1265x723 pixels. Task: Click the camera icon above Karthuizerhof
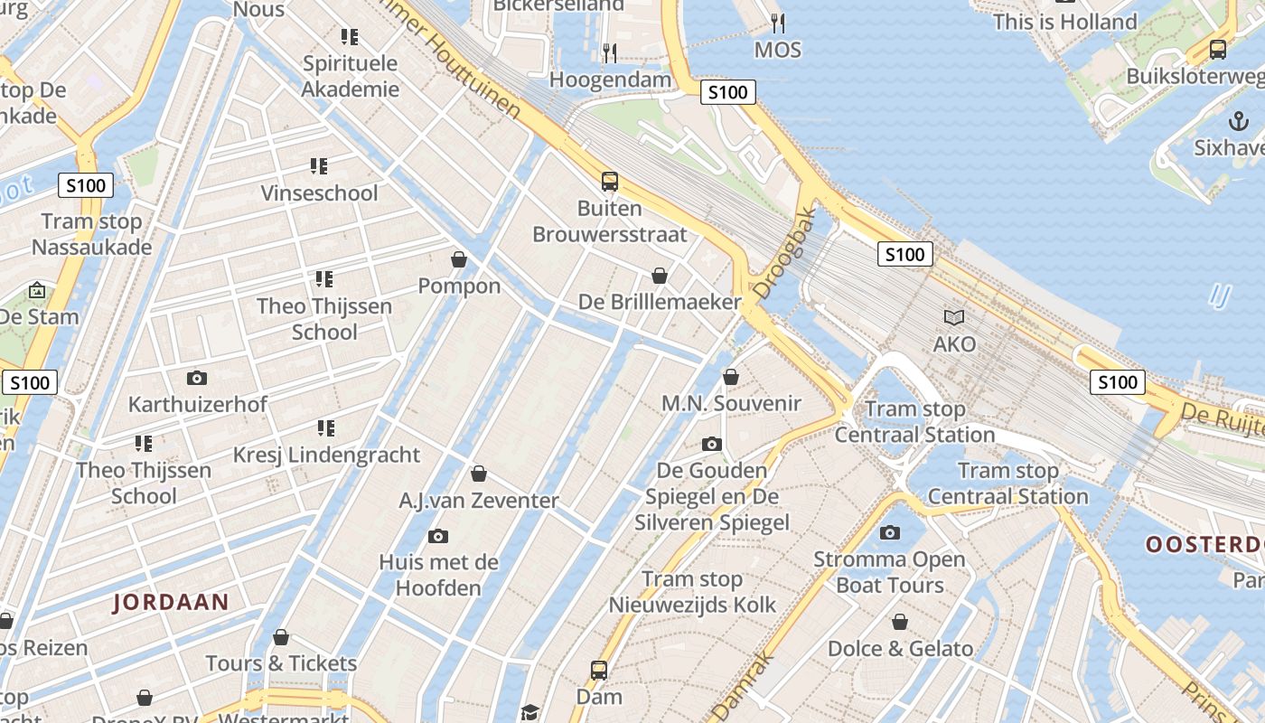click(196, 378)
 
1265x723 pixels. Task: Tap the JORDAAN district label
click(171, 602)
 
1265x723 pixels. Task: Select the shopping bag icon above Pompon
click(459, 259)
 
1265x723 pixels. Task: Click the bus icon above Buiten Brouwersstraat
click(610, 182)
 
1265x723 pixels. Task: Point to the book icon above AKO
click(954, 317)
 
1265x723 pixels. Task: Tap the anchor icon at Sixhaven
click(1238, 120)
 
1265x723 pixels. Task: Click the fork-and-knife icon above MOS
click(777, 23)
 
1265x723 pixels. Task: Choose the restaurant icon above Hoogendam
click(610, 53)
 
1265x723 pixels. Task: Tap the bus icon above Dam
click(599, 671)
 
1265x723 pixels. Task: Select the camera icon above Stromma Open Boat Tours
click(890, 532)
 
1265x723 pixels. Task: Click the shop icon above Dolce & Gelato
click(900, 622)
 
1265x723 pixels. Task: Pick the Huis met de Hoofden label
click(438, 575)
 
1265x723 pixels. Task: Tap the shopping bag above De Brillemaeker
click(660, 276)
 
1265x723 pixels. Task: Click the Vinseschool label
click(320, 193)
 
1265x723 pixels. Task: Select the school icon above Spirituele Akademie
click(350, 37)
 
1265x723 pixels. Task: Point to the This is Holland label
click(1064, 22)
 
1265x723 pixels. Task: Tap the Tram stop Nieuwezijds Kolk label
click(692, 592)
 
